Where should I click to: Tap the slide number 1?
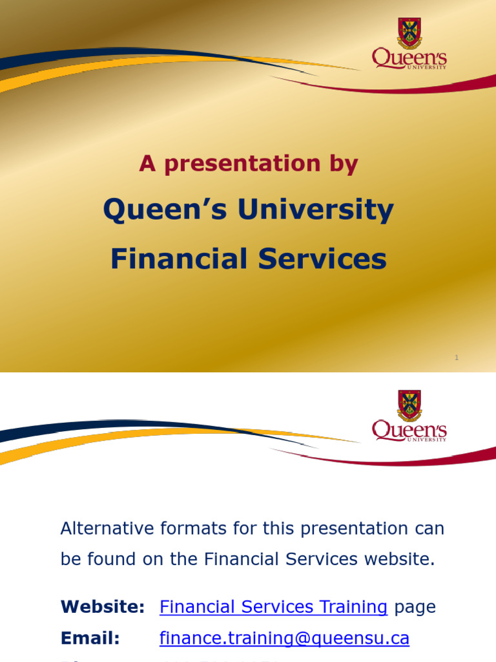457,358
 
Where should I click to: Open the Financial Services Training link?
273,607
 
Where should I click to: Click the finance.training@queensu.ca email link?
284,638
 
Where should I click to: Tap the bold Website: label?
103,607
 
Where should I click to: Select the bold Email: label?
90,638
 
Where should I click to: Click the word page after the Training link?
415,608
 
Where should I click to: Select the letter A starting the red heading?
148,164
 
